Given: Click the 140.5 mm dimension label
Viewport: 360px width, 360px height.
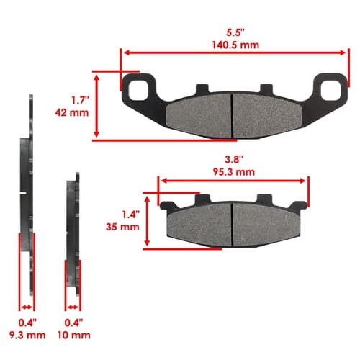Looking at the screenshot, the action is [235, 45].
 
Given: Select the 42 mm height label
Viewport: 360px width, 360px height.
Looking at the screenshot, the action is [72, 112].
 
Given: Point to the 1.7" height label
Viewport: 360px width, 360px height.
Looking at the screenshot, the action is [81, 100].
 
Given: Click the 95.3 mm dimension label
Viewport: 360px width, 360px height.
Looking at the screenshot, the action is [234, 172].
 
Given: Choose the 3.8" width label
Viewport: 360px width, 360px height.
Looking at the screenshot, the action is [234, 160].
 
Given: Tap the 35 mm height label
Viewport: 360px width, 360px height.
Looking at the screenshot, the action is [122, 227].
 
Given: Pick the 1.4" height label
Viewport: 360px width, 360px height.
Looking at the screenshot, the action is [131, 215].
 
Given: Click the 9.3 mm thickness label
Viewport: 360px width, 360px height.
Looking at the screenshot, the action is [27, 335].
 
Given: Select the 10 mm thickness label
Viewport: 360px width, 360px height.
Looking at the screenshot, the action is [74, 335].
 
